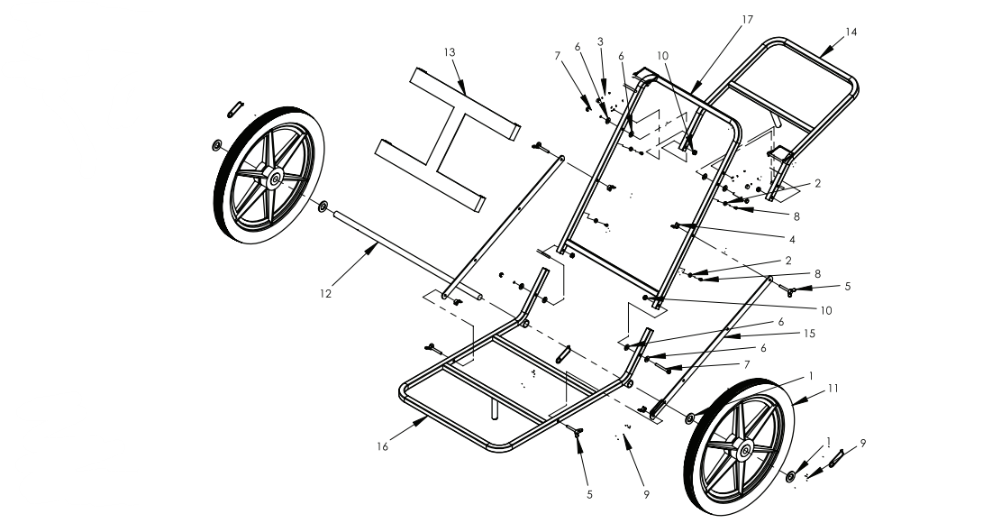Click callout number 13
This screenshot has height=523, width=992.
tap(449, 52)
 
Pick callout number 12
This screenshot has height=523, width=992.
tap(326, 293)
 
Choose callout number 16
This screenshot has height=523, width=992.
tap(382, 445)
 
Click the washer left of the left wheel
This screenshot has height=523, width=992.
tap(217, 146)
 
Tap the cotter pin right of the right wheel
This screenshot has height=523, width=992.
tap(837, 459)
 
